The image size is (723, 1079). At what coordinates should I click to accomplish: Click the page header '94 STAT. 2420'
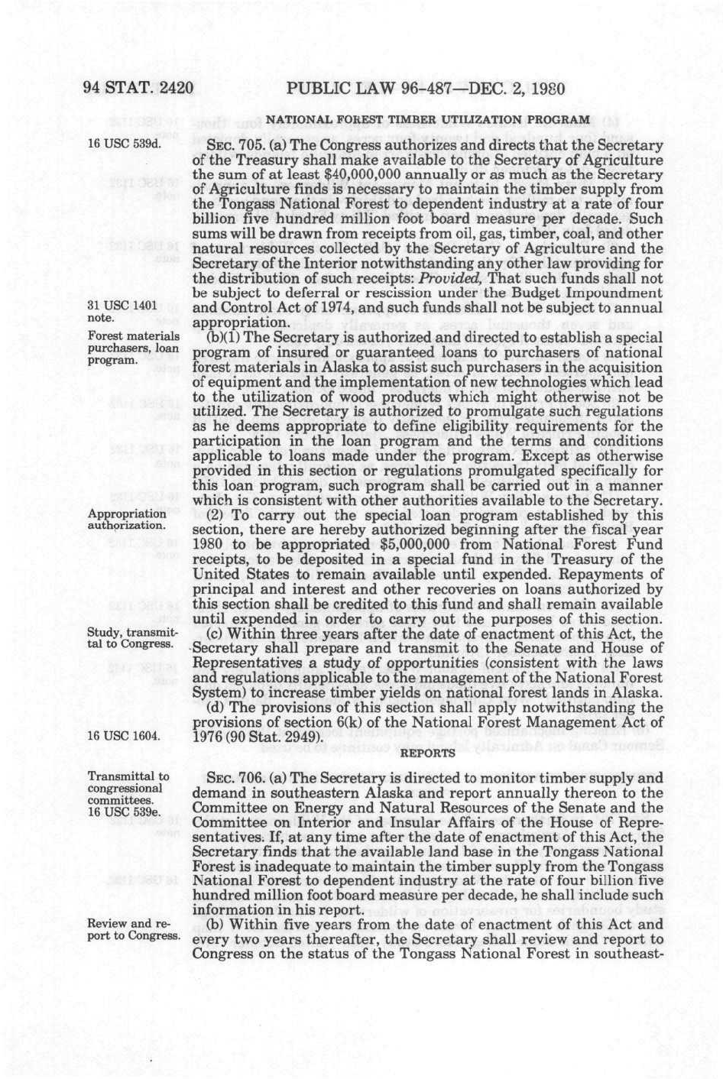point(138,89)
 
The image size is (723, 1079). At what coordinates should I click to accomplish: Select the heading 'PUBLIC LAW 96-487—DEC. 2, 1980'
point(425,89)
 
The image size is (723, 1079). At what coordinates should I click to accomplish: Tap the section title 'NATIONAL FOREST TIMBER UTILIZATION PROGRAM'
point(427,120)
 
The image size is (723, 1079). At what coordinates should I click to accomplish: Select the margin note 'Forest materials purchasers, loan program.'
point(134,348)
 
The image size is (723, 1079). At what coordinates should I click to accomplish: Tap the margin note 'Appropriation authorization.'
point(127,520)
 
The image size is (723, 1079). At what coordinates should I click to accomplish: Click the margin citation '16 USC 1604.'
point(124,736)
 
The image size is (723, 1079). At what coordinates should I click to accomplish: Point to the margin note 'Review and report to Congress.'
point(134,930)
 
